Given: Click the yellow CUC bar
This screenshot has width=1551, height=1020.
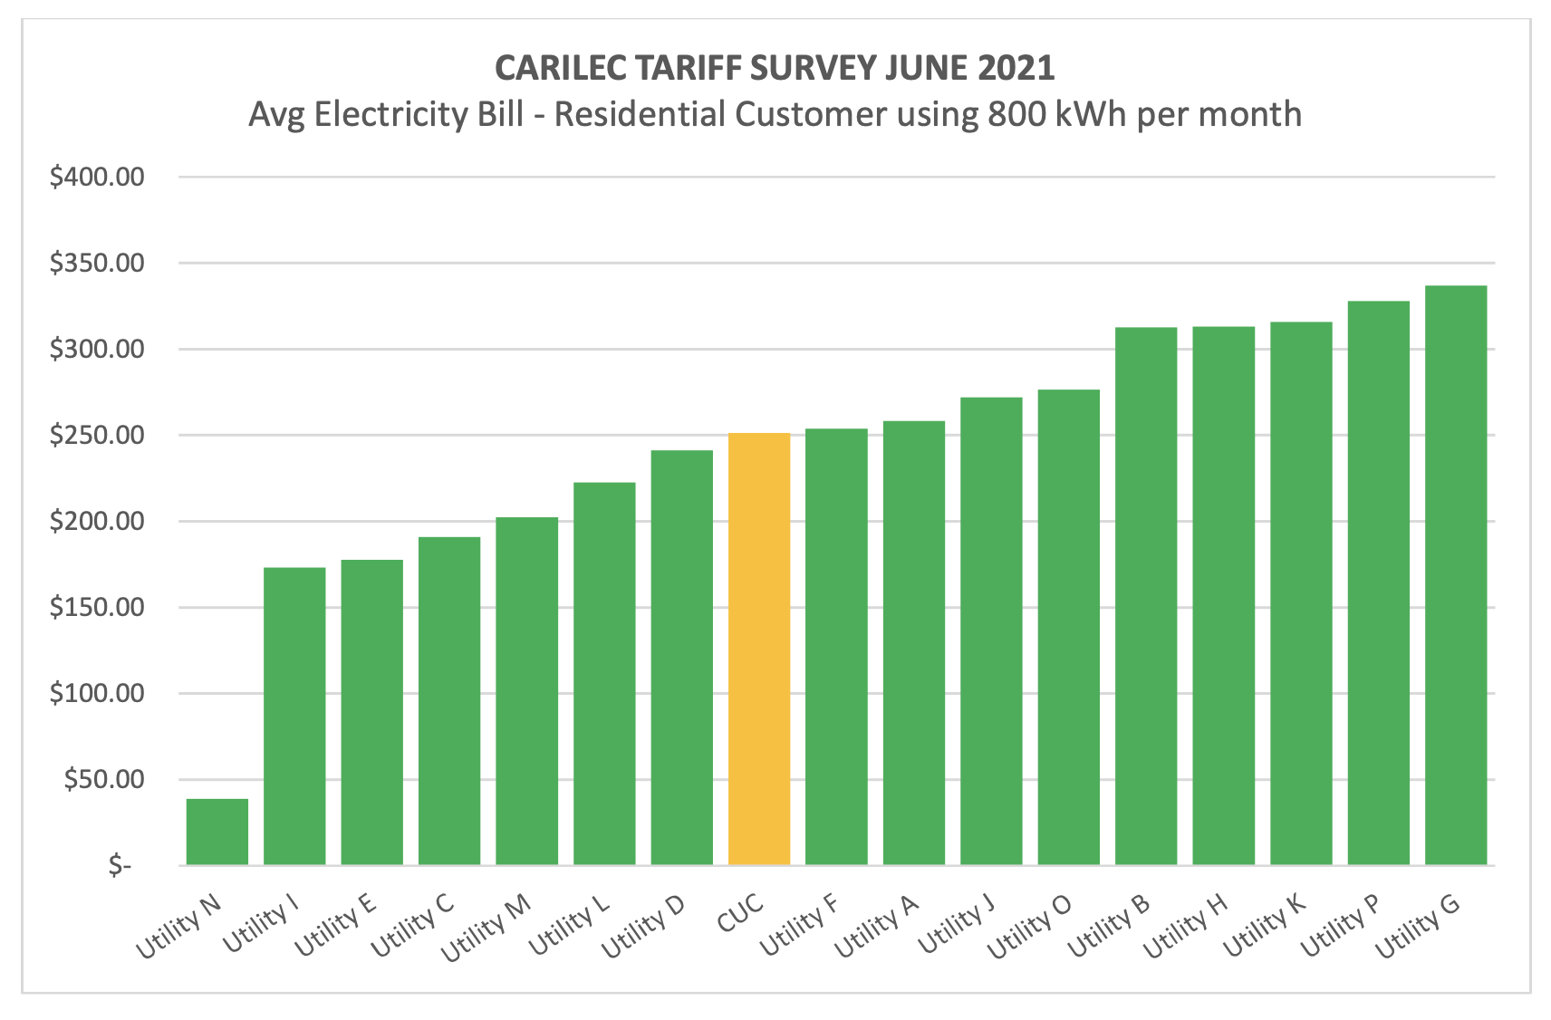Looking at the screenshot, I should click(x=759, y=649).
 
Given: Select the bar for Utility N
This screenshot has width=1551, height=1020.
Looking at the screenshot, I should click(x=217, y=832).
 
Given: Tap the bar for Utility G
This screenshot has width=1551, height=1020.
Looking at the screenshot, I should click(x=1456, y=575).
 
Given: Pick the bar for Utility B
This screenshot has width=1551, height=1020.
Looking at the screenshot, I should click(x=1146, y=596).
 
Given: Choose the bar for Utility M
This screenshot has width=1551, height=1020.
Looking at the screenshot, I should click(x=526, y=691).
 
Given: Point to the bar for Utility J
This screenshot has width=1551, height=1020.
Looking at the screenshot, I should click(x=991, y=631).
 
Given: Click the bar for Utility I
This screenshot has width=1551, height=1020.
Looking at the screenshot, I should click(x=294, y=716).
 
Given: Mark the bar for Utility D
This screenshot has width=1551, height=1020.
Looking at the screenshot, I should click(x=681, y=658).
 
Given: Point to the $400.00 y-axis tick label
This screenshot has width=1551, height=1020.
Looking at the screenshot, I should click(x=97, y=177).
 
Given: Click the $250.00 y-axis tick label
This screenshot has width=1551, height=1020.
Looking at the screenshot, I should click(x=97, y=435).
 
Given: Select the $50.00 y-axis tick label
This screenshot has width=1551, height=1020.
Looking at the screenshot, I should click(x=104, y=779).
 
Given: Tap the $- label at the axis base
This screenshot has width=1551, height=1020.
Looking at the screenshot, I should click(x=120, y=866).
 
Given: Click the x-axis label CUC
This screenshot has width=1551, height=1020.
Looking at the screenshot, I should click(x=741, y=915).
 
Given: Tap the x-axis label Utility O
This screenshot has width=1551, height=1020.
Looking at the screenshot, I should click(x=1030, y=926).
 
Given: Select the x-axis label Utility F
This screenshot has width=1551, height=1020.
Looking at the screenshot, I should click(x=800, y=924).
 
